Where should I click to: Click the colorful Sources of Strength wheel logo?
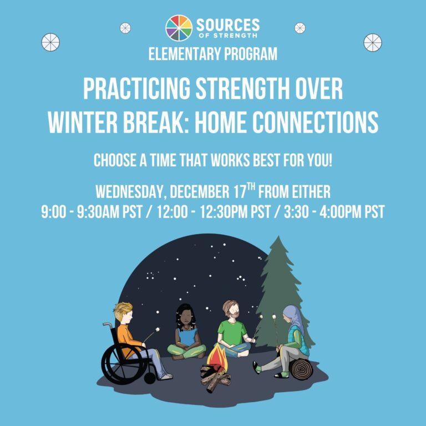(179, 28)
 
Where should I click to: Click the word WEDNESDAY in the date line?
(130, 192)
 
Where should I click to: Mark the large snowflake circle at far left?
(50, 42)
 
